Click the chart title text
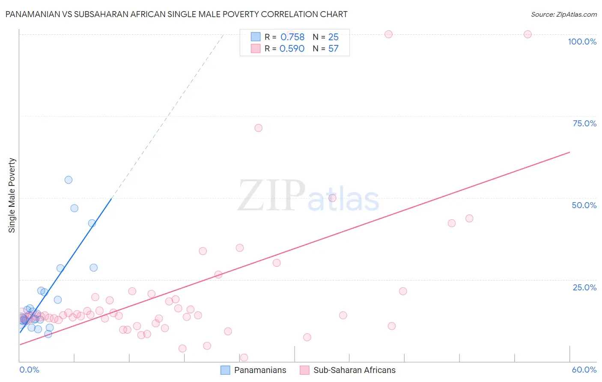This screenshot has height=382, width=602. (176, 14)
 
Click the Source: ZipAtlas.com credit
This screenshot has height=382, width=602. (563, 14)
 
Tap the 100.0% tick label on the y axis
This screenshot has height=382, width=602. (582, 42)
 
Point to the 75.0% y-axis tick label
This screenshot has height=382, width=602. (584, 123)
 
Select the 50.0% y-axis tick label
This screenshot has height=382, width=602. (584, 205)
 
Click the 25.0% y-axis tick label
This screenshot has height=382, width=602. (584, 287)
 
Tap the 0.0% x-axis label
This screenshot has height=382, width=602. (29, 370)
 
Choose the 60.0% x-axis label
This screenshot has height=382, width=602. (584, 370)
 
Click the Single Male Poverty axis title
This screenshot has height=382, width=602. (12, 195)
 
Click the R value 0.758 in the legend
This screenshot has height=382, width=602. (292, 37)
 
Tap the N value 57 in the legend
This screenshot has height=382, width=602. (333, 49)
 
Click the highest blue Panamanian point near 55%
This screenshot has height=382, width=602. (69, 180)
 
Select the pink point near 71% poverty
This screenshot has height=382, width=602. (258, 128)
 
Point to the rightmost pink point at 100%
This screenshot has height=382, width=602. (527, 34)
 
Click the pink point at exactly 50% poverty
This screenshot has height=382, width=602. (332, 198)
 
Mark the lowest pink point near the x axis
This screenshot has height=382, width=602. (244, 358)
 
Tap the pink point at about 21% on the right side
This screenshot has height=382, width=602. (403, 291)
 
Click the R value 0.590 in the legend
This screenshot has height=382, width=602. (292, 49)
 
